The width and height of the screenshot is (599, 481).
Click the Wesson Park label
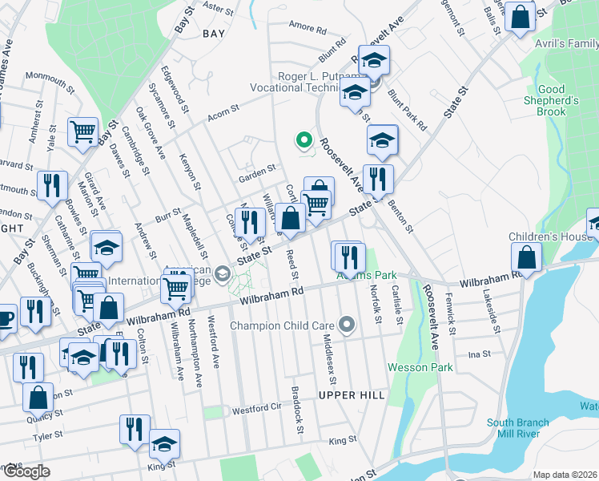(x=420, y=367)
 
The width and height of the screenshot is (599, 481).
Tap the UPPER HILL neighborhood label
(x=352, y=395)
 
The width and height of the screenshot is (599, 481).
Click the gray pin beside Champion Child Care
(x=346, y=325)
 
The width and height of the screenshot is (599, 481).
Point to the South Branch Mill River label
(x=517, y=429)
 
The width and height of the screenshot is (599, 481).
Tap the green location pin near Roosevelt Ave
(x=304, y=141)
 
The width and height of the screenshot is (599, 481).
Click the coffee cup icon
(x=5, y=318)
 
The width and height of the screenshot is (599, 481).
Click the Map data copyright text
(x=565, y=475)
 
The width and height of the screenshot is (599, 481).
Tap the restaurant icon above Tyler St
(x=135, y=429)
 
